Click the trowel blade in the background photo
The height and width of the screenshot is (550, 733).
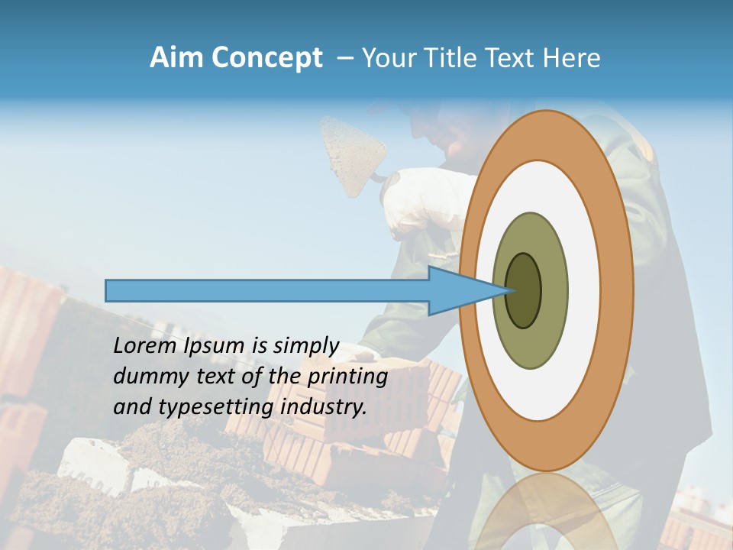click(x=352, y=153)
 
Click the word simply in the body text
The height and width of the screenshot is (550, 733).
click(x=305, y=346)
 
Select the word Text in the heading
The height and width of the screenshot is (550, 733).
click(x=515, y=58)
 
